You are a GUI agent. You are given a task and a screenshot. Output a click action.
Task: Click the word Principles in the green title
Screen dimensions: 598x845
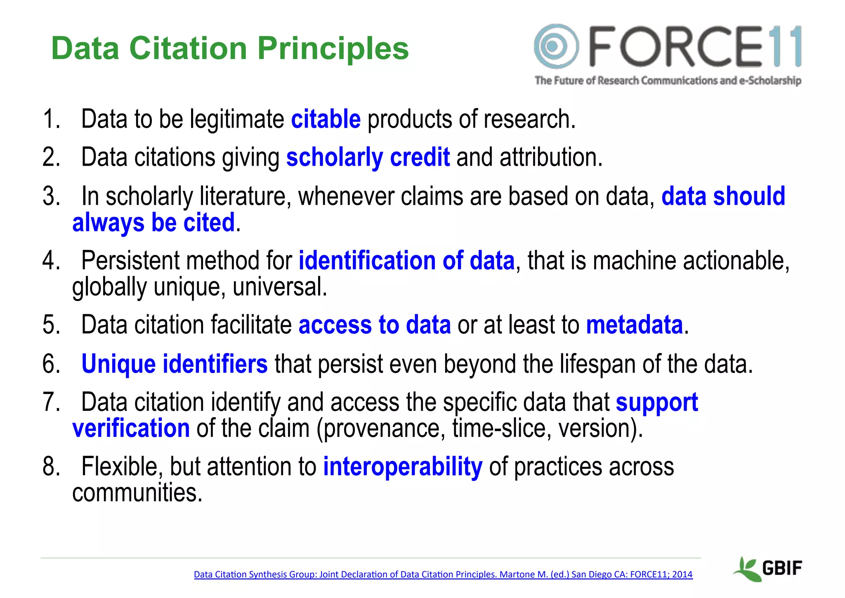[x=333, y=49]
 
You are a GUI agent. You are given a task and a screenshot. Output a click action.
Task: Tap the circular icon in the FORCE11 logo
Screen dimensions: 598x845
[x=556, y=46]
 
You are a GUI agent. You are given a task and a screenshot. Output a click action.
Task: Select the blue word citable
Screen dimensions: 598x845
[x=326, y=119]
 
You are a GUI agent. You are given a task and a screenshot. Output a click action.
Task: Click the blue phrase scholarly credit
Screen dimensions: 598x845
[x=368, y=157]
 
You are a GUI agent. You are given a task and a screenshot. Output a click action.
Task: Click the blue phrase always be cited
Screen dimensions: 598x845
[x=153, y=223]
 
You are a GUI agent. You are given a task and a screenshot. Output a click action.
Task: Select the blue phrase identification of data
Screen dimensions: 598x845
[x=406, y=261]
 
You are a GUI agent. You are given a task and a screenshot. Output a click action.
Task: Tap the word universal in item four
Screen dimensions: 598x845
[x=280, y=287]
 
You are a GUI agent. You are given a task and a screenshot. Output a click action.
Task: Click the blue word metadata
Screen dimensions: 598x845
[x=635, y=325]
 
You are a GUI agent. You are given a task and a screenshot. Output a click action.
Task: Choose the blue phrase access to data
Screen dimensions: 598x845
[x=374, y=325]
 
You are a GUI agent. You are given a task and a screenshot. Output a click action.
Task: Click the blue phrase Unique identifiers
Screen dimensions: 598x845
[x=175, y=364]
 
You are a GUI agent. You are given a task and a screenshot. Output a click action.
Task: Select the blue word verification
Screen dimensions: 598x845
[x=131, y=428]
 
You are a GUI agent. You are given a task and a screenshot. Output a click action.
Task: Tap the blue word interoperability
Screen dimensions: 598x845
[x=402, y=467]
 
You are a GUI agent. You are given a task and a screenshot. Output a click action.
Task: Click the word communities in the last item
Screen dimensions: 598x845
[x=137, y=493]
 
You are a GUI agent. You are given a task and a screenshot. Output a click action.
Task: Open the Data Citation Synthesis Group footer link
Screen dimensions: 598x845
[x=443, y=574]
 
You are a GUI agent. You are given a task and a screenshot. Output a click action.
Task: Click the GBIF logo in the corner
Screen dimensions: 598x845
[x=768, y=568]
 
